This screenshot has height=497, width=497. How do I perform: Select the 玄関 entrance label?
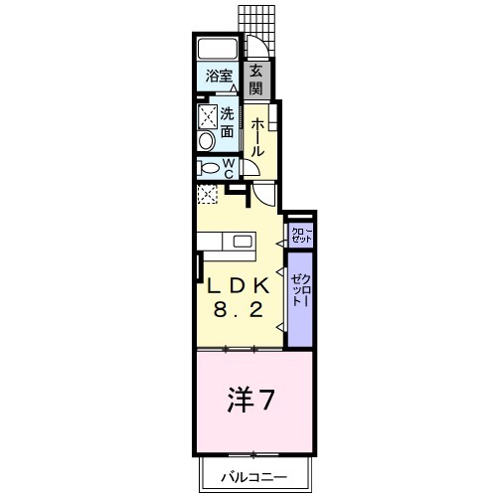[255, 79]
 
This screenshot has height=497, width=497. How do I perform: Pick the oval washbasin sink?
[205, 140]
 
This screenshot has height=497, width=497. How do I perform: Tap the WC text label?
[227, 168]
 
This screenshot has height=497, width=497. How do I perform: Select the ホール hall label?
[256, 137]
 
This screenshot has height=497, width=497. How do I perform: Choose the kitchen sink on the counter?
[242, 241]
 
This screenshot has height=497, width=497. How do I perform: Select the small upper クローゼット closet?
[300, 236]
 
